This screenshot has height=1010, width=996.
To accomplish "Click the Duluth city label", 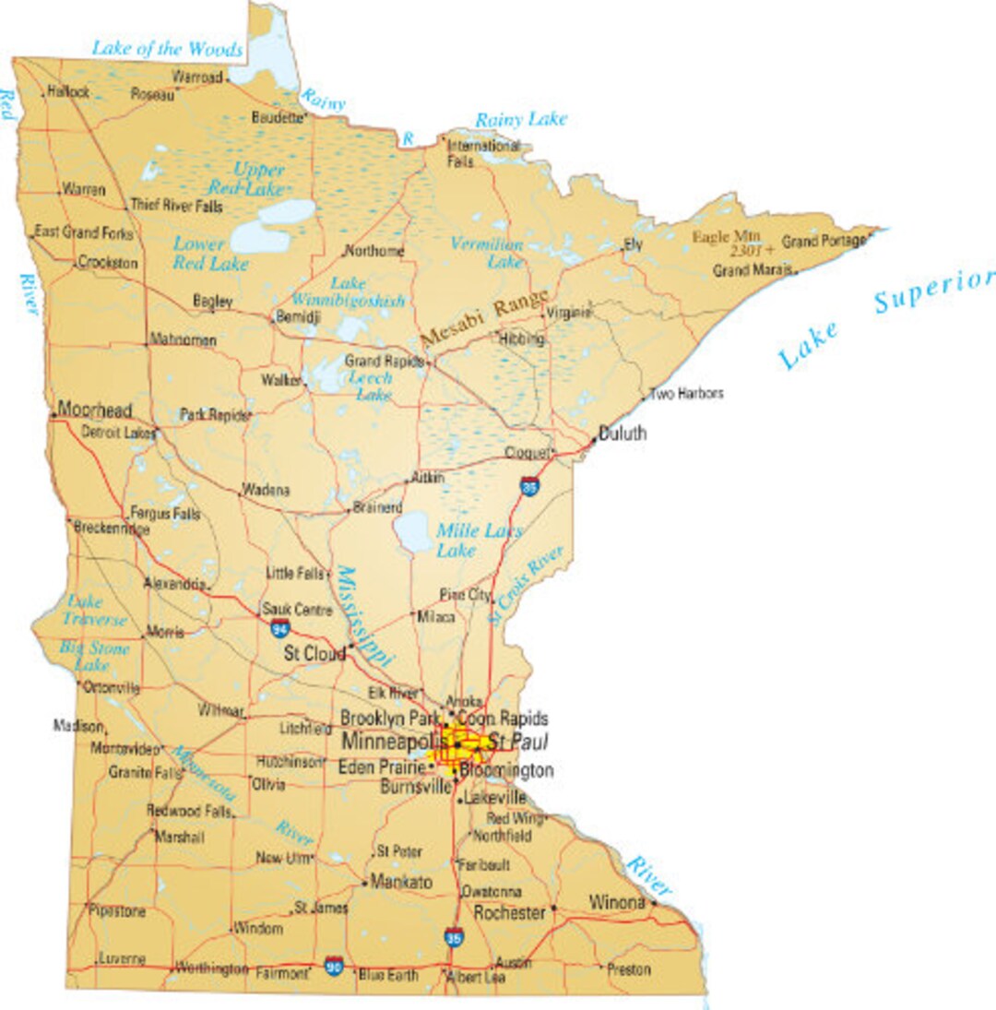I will coord(622,434).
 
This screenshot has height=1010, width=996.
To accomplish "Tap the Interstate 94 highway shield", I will coord(279,629).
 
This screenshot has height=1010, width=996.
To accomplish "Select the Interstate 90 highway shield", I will coord(334,968).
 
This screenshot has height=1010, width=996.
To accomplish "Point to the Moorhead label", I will coord(95,410).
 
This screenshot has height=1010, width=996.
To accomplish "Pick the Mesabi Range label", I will coord(484,319).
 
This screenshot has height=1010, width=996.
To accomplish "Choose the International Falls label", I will coord(482,153).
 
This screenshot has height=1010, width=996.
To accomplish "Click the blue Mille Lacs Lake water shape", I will coord(412,532).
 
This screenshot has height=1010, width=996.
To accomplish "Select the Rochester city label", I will coord(509,912).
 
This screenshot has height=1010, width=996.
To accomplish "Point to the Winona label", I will coord(617,902).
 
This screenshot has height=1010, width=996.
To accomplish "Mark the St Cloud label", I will coord(314,654).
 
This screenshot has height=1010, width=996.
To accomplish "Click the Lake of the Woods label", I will coord(167,49).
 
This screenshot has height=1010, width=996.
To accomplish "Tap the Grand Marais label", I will coord(753,271).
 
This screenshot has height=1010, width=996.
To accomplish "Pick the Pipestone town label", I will coord(117,910).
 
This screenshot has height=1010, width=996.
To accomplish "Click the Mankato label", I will coord(401,882).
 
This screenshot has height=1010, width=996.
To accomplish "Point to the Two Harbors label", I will coord(686,394).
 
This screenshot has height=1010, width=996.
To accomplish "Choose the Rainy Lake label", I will coord(521,119).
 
